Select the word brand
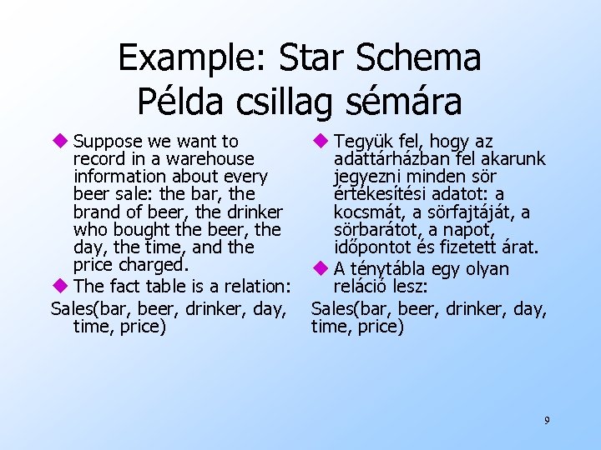[96, 212]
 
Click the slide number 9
[547, 420]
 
